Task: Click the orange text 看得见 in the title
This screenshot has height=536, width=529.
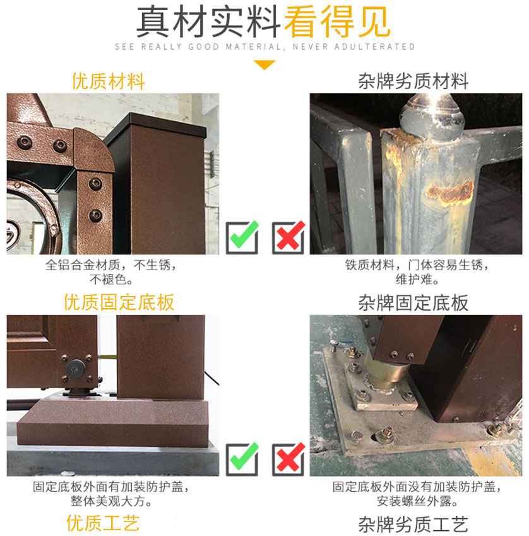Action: click(337, 21)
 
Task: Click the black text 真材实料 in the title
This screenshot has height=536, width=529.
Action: click(209, 21)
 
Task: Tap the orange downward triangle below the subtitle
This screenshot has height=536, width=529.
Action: click(264, 64)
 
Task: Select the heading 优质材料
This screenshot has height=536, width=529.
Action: click(109, 81)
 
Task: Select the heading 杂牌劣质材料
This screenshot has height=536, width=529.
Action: click(413, 81)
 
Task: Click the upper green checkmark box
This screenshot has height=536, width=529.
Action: click(242, 237)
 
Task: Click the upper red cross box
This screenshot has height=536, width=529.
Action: click(288, 237)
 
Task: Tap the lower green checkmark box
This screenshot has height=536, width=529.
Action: click(242, 459)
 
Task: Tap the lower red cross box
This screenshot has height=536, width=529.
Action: click(288, 459)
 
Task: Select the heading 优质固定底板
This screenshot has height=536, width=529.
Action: click(119, 302)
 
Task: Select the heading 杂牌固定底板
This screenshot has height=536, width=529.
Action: click(413, 303)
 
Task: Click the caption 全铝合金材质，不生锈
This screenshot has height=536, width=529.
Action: click(111, 266)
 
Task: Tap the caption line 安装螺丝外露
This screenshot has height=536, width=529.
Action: click(417, 502)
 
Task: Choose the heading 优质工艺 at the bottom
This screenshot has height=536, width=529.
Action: click(103, 523)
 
